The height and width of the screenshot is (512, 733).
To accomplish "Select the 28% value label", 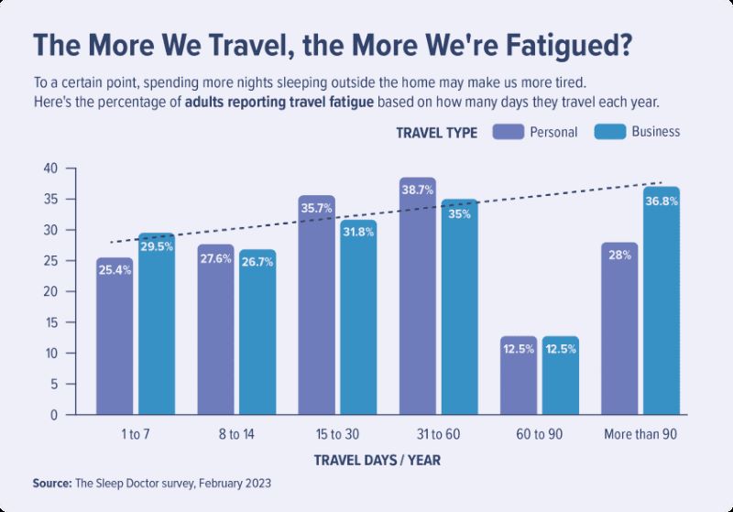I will point(618,256).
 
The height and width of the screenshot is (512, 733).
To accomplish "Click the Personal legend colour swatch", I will point(509,131).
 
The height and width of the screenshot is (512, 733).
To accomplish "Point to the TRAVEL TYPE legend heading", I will point(436,132).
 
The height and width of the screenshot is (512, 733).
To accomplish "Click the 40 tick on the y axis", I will point(49,169).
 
